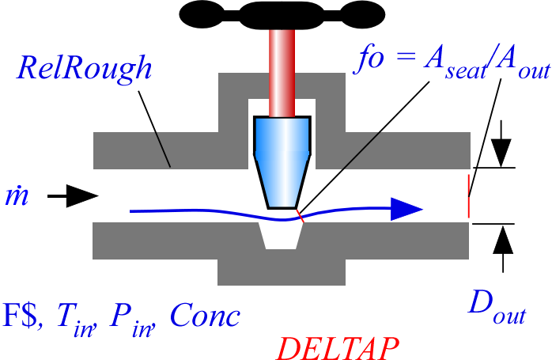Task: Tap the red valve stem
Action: pos(281,71)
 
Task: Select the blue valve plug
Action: pos(281,158)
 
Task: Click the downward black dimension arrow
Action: pos(501,150)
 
